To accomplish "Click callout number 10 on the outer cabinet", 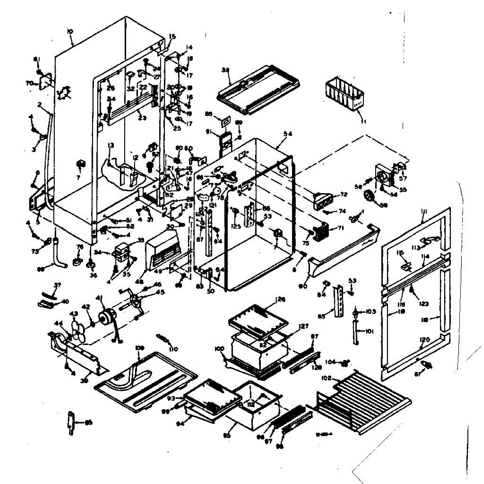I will tap(70, 31).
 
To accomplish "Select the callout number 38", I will tap(225, 70).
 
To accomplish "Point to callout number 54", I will tap(288, 134).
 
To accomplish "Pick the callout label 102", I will tap(326, 378).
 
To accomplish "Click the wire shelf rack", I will tap(363, 399).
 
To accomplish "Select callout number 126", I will tap(280, 300).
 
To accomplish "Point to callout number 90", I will tap(303, 286).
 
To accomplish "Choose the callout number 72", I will tap(343, 194).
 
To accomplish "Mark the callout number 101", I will tap(370, 332).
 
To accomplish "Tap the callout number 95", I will tap(227, 435).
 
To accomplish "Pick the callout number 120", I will tap(425, 340).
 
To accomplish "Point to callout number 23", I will tap(142, 118).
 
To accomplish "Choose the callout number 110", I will tap(174, 349).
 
